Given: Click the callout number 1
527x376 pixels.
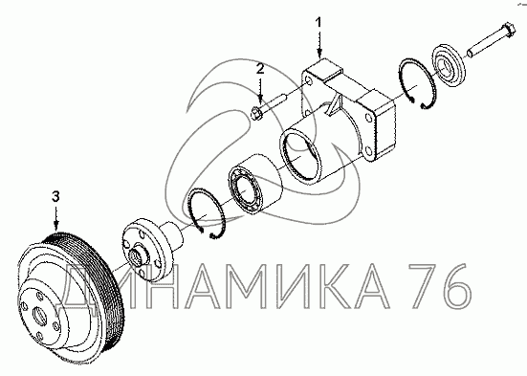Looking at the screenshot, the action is [x=318, y=23].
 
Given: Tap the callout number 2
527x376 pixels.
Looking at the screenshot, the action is [x=260, y=69].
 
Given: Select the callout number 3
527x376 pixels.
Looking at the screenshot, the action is [x=55, y=196].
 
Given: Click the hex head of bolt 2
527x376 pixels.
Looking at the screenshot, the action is [x=258, y=112].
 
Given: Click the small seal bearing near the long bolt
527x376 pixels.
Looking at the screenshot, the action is [x=449, y=64].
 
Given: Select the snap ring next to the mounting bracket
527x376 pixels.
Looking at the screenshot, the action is [x=417, y=83].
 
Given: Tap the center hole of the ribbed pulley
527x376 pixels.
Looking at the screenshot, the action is [x=38, y=316].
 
